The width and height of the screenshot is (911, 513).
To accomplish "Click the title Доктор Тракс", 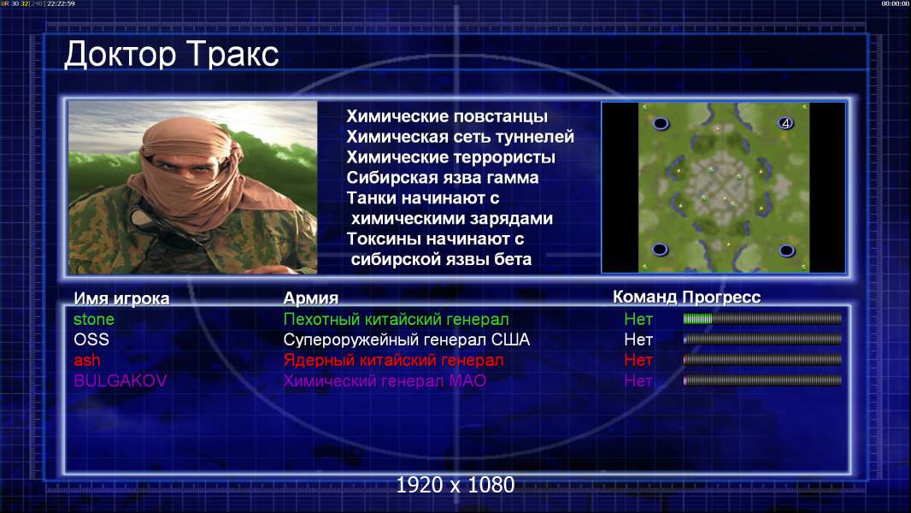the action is (x=172, y=56).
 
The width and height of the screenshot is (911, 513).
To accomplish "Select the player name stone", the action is (x=93, y=319).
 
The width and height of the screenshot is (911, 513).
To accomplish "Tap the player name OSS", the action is (x=91, y=339).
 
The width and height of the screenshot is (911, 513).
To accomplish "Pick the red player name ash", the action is (x=86, y=360).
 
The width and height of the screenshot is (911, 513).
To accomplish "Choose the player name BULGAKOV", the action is (x=120, y=380).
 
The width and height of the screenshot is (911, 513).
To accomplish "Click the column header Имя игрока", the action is (x=121, y=298).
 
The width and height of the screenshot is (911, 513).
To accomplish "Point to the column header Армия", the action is (x=310, y=298).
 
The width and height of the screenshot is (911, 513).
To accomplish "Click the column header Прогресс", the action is (x=721, y=298).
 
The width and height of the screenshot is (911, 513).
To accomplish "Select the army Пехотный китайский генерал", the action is (x=396, y=319).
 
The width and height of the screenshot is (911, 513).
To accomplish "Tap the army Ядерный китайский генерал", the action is (x=393, y=360).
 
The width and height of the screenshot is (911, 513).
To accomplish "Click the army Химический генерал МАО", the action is (x=385, y=380).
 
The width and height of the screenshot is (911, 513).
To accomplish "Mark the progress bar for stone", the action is (x=762, y=318).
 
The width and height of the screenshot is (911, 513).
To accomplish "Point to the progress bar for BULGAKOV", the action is (x=762, y=380).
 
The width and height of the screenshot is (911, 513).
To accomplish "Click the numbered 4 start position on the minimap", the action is (x=785, y=123).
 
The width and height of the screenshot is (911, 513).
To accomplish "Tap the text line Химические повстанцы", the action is (x=447, y=116).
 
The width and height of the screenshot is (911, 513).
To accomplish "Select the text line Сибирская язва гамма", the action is (x=442, y=178).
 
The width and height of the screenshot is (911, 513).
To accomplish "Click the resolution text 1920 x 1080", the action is (x=455, y=485).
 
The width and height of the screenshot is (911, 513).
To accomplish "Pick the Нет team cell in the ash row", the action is (x=638, y=360).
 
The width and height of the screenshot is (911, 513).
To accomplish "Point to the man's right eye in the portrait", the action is (x=163, y=166).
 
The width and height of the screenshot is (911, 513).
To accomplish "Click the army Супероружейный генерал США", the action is (x=406, y=339).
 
